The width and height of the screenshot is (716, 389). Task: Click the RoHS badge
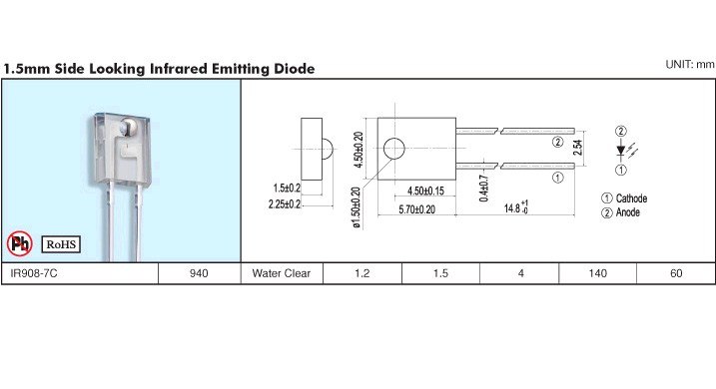tap(61, 244)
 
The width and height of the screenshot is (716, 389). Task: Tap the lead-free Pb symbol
tap(20, 243)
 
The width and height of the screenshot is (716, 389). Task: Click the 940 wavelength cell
tap(199, 273)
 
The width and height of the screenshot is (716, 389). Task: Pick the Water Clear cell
tap(282, 273)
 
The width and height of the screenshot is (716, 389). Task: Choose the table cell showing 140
tap(598, 273)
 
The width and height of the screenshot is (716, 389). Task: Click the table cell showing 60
tap(676, 273)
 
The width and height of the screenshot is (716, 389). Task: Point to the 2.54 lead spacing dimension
tap(578, 148)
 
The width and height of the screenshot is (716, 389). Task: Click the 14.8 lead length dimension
tap(516, 207)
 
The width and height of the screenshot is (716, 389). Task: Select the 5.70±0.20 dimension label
tap(416, 209)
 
